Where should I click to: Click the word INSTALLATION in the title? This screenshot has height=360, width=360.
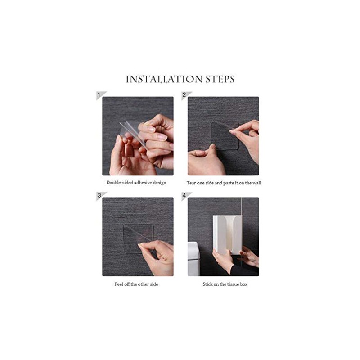(164, 79)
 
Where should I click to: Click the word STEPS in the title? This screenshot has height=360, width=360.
(220, 79)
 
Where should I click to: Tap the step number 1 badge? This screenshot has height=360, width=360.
(100, 95)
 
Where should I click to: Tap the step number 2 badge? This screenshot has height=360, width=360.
(185, 95)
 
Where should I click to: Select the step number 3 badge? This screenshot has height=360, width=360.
(100, 196)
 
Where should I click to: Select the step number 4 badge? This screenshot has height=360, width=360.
(185, 196)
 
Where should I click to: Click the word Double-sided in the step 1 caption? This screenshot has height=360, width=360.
(120, 183)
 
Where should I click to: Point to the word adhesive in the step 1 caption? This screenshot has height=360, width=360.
(143, 183)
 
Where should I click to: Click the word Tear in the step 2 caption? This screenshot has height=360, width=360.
(191, 183)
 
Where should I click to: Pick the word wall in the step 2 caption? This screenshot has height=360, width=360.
(256, 183)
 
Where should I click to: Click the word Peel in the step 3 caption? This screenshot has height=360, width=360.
(119, 284)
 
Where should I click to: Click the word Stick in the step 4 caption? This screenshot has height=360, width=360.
(208, 284)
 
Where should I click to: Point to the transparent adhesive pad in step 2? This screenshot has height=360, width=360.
(225, 136)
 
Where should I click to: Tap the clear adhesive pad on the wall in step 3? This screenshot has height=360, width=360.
(138, 238)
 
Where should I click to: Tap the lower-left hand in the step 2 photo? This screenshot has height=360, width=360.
(206, 160)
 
